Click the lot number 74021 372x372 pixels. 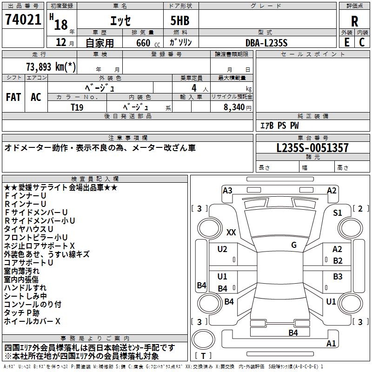coord(23,19)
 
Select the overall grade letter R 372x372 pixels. coord(354,21)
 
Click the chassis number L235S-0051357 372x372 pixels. coord(312,148)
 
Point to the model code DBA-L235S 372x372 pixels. coord(266,43)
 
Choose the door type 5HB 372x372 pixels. coord(180,20)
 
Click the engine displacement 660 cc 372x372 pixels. coord(148,43)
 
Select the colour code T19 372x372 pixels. coord(77,107)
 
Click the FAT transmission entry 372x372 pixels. coord(13,97)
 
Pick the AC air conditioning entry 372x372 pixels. coord(36,97)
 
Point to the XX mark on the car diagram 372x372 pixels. coord(231,232)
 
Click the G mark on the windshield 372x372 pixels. coord(294,245)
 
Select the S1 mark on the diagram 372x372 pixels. coord(338,213)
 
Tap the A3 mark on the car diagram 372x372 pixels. coord(227,191)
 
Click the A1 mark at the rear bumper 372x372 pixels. coord(331,343)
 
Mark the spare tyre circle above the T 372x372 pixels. coord(203,339)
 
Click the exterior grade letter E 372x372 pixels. coord(346,42)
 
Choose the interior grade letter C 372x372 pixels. coord(362,42)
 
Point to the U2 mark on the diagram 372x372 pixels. coord(222,249)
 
